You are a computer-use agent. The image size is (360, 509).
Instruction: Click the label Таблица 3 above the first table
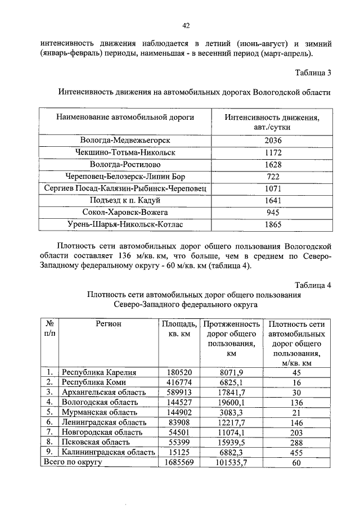click(313, 73)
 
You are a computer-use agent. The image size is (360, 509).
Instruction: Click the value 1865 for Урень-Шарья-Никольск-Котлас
click(272, 225)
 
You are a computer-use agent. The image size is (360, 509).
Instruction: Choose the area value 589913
click(179, 392)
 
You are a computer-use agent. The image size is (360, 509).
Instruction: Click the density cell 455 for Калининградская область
click(296, 452)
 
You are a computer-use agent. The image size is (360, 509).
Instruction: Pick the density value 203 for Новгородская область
click(296, 432)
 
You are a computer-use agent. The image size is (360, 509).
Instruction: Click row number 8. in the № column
click(50, 442)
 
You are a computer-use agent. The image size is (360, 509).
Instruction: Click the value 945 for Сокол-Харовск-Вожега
click(272, 213)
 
